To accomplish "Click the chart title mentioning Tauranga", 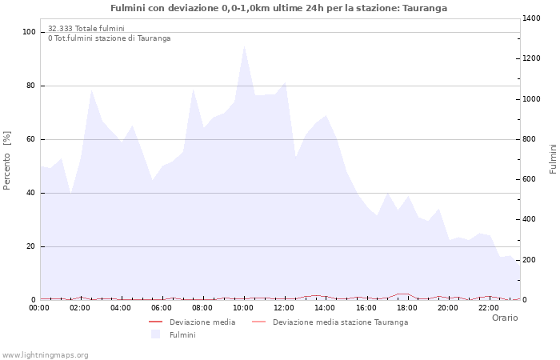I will (x=279, y=8).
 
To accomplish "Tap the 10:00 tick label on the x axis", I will (x=243, y=307).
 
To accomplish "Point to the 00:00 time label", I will (x=39, y=307).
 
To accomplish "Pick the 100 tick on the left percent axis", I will (x=30, y=32).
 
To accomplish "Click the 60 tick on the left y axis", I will (x=31, y=139).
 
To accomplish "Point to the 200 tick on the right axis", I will (x=530, y=260).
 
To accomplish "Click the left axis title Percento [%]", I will (x=7, y=160).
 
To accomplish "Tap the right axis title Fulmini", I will (x=553, y=158).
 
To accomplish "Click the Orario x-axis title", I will (x=504, y=318).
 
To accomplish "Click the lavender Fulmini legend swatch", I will (x=155, y=334).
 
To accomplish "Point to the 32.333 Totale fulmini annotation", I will (x=86, y=28).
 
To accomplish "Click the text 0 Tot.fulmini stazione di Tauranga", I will (x=109, y=38).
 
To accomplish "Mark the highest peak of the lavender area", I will (x=244, y=45).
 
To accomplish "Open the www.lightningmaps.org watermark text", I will (x=45, y=355).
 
